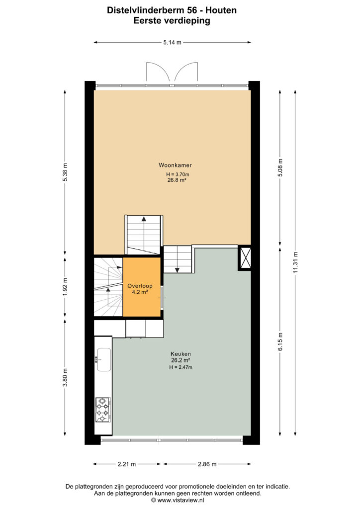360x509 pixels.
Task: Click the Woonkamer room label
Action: tap(175, 165)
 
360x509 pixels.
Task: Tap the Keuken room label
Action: tap(180, 354)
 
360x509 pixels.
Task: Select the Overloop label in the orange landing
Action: tap(140, 286)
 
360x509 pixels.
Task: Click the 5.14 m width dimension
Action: tap(173, 42)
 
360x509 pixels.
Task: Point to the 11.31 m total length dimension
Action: tap(295, 262)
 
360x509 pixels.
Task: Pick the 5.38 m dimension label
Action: tap(65, 171)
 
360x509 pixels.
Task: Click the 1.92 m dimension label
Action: tap(65, 287)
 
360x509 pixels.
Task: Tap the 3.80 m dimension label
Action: tap(65, 378)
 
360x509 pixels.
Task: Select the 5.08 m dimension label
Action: tap(280, 168)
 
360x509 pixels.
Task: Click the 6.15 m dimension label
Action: tap(280, 341)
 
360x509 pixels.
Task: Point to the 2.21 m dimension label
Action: tap(127, 464)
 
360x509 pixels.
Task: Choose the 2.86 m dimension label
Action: tap(207, 464)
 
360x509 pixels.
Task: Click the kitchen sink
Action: tap(103, 359)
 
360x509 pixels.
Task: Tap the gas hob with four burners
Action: tap(103, 410)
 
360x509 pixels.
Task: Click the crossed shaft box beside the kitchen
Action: tap(245, 257)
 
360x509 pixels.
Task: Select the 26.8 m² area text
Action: tap(177, 180)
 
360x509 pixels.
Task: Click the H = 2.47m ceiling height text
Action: tap(180, 367)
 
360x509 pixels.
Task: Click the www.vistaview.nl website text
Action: tap(180, 500)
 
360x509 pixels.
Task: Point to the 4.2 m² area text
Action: tap(140, 292)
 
